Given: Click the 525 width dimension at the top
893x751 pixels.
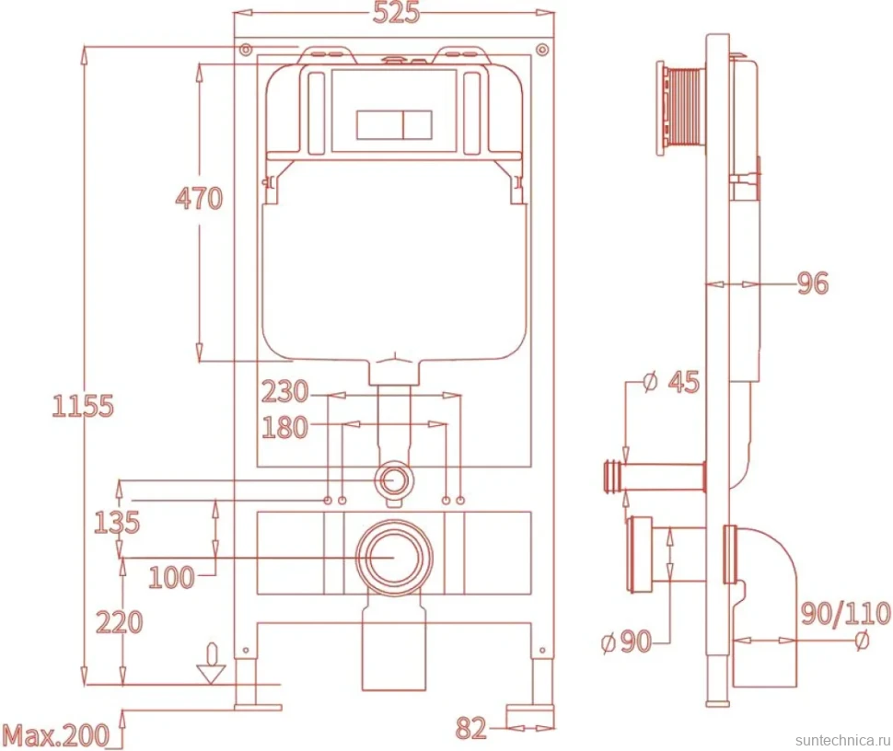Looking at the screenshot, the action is coord(396,13).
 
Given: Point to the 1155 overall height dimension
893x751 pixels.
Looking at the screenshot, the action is coord(83,406).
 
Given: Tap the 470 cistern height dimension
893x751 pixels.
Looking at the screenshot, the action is coord(199,198).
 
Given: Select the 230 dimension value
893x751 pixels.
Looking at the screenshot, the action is coord(284,392).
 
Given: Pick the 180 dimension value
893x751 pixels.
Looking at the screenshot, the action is coord(284,427).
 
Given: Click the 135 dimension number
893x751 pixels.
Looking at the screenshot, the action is coord(117,522).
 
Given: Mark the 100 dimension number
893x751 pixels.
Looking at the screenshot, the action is coord(171,577).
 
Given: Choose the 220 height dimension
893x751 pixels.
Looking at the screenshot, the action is coord(119,622).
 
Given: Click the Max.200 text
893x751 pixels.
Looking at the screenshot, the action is coord(56,735).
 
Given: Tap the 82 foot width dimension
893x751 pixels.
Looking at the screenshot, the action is coord(471,728).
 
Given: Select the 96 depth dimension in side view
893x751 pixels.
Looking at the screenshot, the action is coord(813,283).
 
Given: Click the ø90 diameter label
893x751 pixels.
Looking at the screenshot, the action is coord(626,641).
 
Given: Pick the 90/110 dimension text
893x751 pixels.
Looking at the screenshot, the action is coord(846,613).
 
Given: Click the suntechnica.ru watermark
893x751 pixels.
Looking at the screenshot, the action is coord(843,740).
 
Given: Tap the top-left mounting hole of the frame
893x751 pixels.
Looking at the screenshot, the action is coord(246,50).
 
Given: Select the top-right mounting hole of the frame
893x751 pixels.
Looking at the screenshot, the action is coord(543,50).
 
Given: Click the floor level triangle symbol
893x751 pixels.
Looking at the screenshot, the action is coord(212,674).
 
